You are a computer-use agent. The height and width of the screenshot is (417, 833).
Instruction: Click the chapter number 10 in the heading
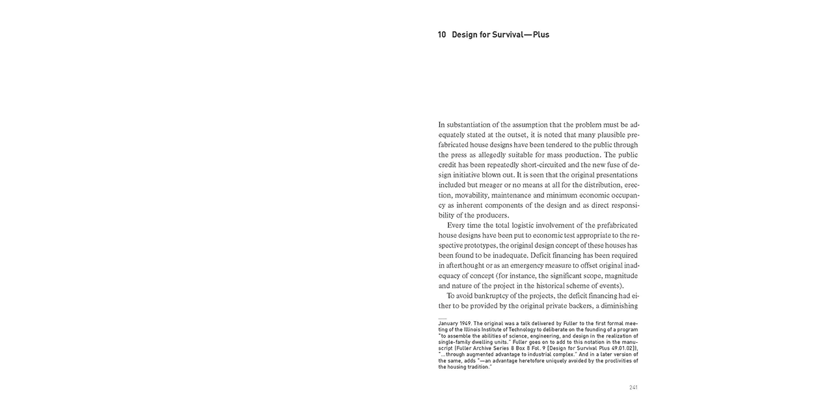point(442,35)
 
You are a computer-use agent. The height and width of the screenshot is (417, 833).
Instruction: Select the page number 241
point(633,388)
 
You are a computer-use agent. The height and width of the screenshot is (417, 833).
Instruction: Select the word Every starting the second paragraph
point(457,225)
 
